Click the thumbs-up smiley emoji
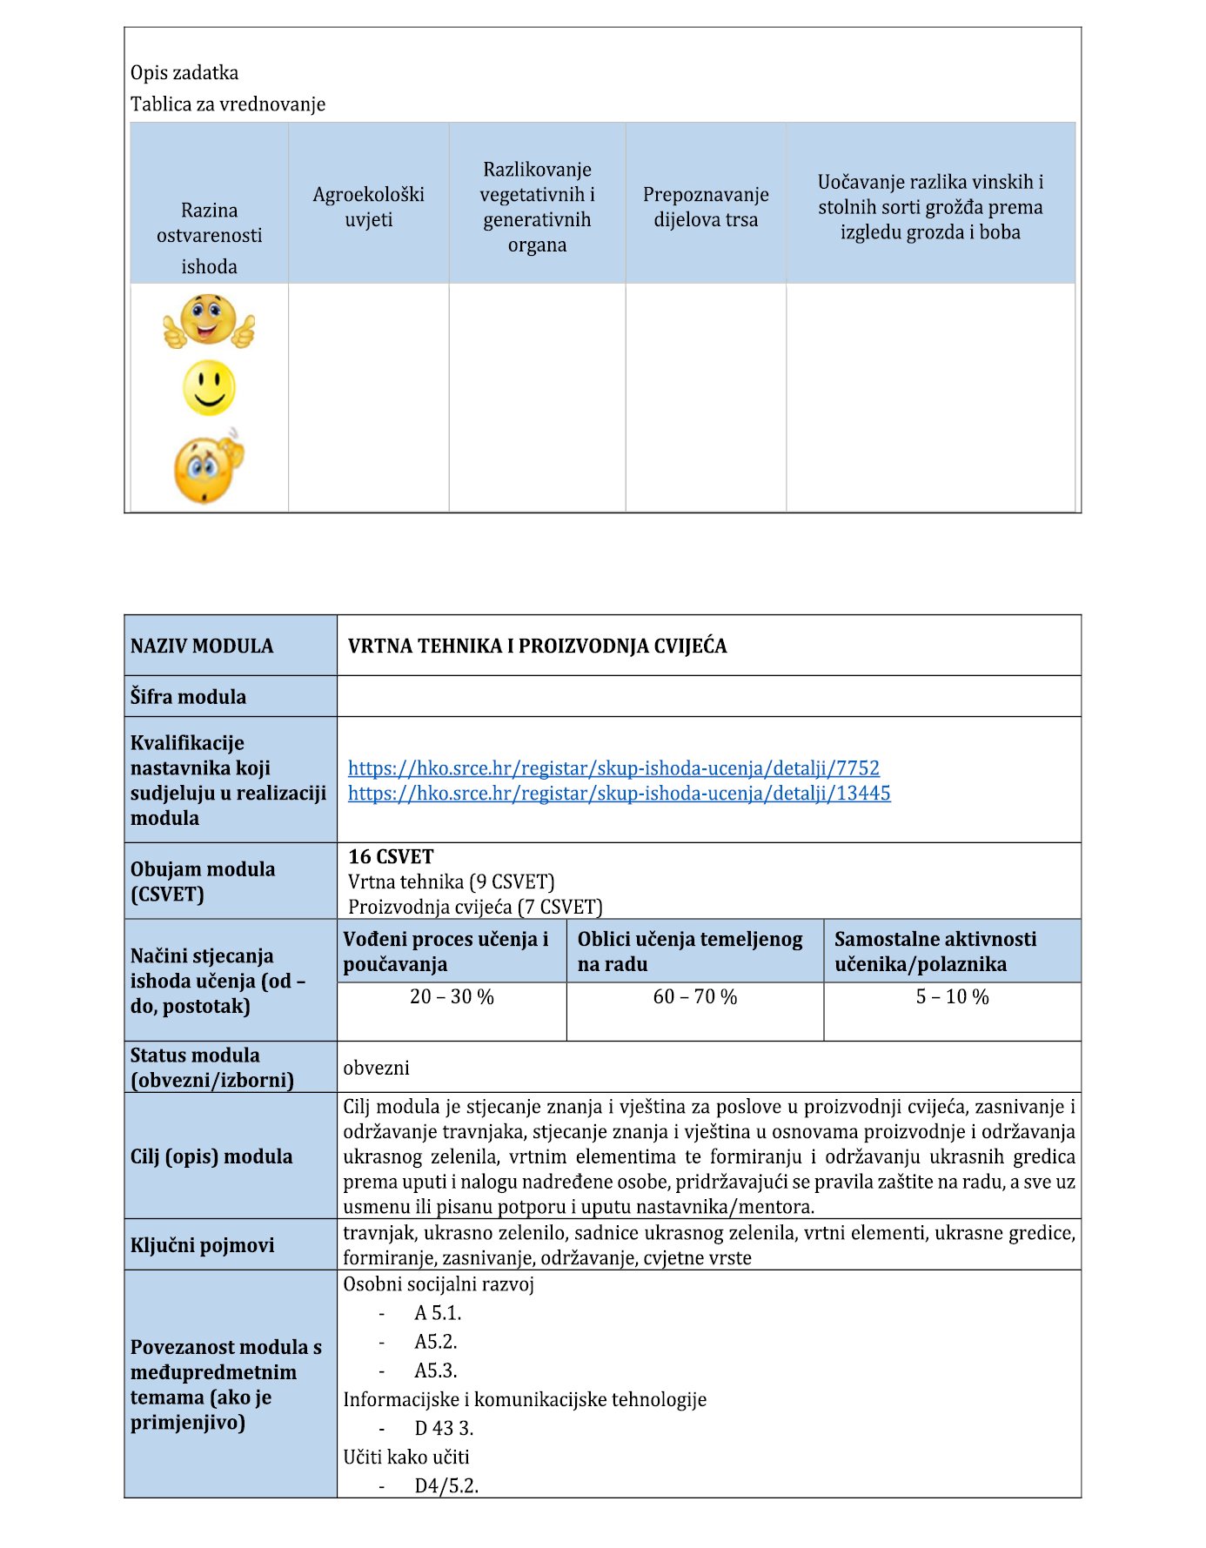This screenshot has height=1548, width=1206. click(x=209, y=321)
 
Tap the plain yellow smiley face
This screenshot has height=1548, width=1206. click(x=209, y=387)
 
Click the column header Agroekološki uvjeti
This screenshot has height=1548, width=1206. click(x=368, y=207)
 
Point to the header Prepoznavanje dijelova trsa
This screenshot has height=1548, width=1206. click(x=705, y=207)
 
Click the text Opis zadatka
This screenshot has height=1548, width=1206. click(x=184, y=73)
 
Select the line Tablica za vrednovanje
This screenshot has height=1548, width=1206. click(x=228, y=104)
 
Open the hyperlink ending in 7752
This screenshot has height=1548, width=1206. click(x=613, y=768)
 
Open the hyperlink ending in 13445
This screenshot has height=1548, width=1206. click(x=619, y=794)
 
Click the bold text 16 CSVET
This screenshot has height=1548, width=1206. click(x=391, y=857)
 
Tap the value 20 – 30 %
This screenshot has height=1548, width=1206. click(x=452, y=997)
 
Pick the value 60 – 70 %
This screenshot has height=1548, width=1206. click(x=694, y=997)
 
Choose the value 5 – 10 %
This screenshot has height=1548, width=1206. click(x=952, y=997)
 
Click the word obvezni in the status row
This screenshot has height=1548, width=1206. click(x=376, y=1069)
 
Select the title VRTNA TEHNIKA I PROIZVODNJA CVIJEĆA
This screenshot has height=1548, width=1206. click(x=537, y=647)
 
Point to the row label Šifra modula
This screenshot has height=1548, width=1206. click(x=188, y=697)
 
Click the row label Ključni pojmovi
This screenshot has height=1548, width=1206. click(x=202, y=1246)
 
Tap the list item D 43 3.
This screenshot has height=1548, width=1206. click(x=444, y=1429)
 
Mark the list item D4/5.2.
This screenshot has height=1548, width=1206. click(x=446, y=1486)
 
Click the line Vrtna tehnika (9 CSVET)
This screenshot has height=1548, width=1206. click(x=451, y=882)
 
